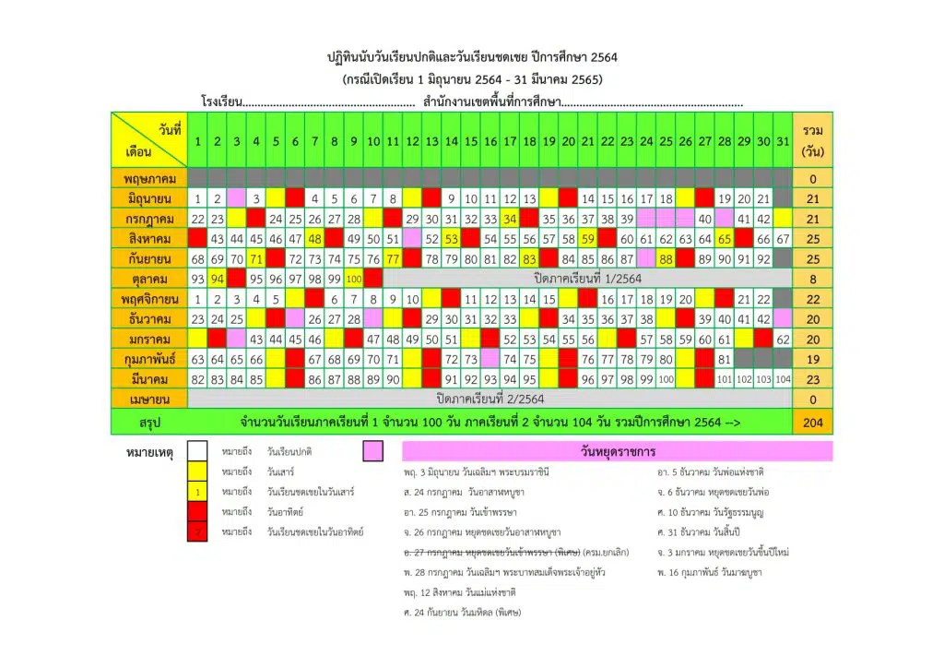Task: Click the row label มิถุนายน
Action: click(x=148, y=198)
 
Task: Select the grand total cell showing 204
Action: click(x=812, y=423)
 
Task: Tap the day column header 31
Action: click(x=783, y=141)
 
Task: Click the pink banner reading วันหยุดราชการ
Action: click(x=617, y=451)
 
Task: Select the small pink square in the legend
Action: click(x=372, y=451)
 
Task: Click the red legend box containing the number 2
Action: click(x=197, y=532)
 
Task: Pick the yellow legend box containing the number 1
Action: click(x=197, y=492)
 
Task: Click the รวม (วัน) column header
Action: click(x=812, y=141)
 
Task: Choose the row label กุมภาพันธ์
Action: click(x=148, y=359)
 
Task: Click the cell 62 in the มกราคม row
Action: click(x=783, y=340)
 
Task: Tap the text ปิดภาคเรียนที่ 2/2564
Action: click(x=490, y=399)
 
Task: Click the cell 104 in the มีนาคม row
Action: click(x=783, y=379)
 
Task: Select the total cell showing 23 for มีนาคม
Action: click(x=812, y=379)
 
